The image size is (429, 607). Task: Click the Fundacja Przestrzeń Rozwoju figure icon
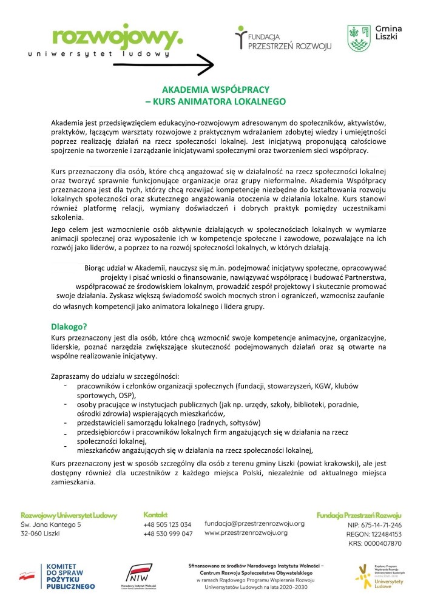coord(241,38)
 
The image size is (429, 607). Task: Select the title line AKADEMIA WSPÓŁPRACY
coord(214,88)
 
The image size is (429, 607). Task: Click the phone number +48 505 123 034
coord(167,524)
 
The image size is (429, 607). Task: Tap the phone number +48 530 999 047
coord(167,534)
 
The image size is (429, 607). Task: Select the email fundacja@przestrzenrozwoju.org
coord(254,523)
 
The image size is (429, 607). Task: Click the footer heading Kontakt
coord(156,514)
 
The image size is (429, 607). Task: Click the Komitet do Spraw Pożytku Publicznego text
coord(70,577)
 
